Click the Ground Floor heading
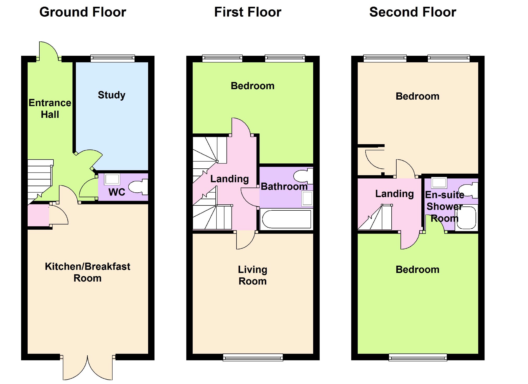(83, 12)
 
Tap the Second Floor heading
(412, 12)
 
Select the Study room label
(112, 95)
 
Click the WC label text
(117, 192)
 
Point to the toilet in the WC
(138, 187)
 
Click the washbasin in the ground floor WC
(112, 179)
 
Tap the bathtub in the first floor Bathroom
(286, 219)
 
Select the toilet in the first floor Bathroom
(304, 176)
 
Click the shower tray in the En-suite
(466, 218)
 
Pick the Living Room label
(252, 275)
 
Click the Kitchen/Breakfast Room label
(87, 272)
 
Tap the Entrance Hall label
(50, 108)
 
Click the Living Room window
(253, 357)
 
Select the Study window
(112, 58)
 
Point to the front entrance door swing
(48, 51)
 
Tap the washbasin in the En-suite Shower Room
(439, 182)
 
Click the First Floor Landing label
(229, 179)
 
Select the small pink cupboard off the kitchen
(38, 215)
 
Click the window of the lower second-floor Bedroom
(418, 357)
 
